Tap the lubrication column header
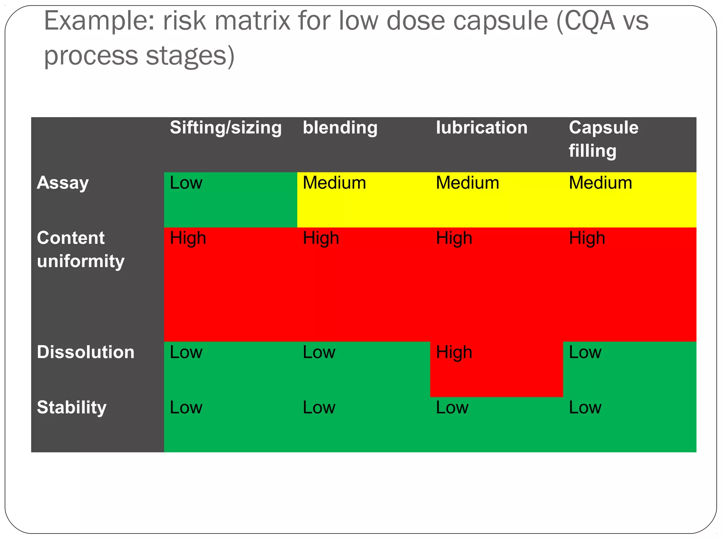(482, 128)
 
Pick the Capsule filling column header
(603, 139)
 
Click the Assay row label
(63, 183)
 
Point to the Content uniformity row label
(80, 249)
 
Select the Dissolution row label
(86, 352)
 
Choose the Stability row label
(72, 408)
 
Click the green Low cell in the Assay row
(231, 199)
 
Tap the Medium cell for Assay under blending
(363, 199)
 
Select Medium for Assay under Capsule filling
(629, 199)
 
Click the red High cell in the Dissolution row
(496, 369)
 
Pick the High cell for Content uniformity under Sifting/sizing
(231, 284)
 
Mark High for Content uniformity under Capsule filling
(629, 284)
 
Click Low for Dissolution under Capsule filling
(629, 369)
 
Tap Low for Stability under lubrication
(496, 424)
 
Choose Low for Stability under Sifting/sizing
(231, 424)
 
